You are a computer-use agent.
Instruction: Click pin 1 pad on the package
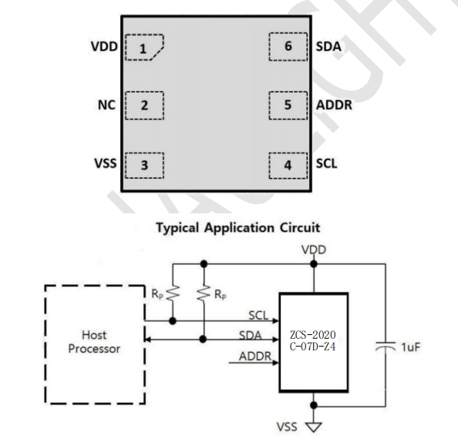point(143,48)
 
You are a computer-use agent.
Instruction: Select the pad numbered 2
point(143,105)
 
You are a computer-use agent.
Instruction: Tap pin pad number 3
point(143,163)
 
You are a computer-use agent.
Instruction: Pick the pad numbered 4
point(288,163)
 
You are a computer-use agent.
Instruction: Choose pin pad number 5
point(288,105)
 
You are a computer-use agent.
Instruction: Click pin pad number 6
point(288,47)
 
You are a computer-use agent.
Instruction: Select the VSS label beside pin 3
point(104,163)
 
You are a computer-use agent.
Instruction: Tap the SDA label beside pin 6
point(328,47)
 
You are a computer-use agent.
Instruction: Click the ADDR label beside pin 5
point(334,105)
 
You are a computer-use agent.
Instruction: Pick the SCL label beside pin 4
point(327,163)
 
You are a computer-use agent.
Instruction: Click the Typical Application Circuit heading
point(237,227)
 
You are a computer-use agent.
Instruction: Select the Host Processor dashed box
point(94,343)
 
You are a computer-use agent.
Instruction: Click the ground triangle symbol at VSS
point(314,425)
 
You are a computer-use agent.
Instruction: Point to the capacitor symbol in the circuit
point(382,348)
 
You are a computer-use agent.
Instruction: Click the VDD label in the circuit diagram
point(314,250)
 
